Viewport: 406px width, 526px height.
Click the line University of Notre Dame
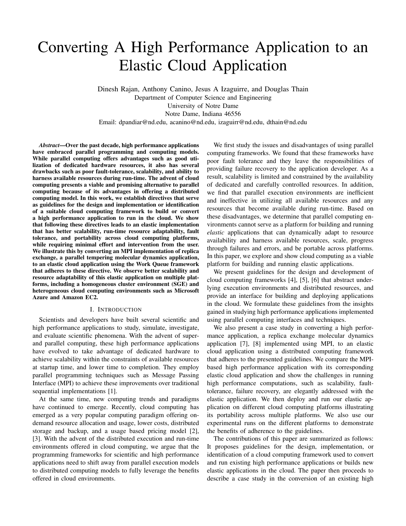click(203, 106)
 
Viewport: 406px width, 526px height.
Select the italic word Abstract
click(49, 145)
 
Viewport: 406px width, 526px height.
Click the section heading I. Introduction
click(116, 309)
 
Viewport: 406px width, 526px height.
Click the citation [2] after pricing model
click(194, 431)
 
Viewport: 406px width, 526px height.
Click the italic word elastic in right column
click(216, 232)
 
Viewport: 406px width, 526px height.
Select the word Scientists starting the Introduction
click(52, 320)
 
